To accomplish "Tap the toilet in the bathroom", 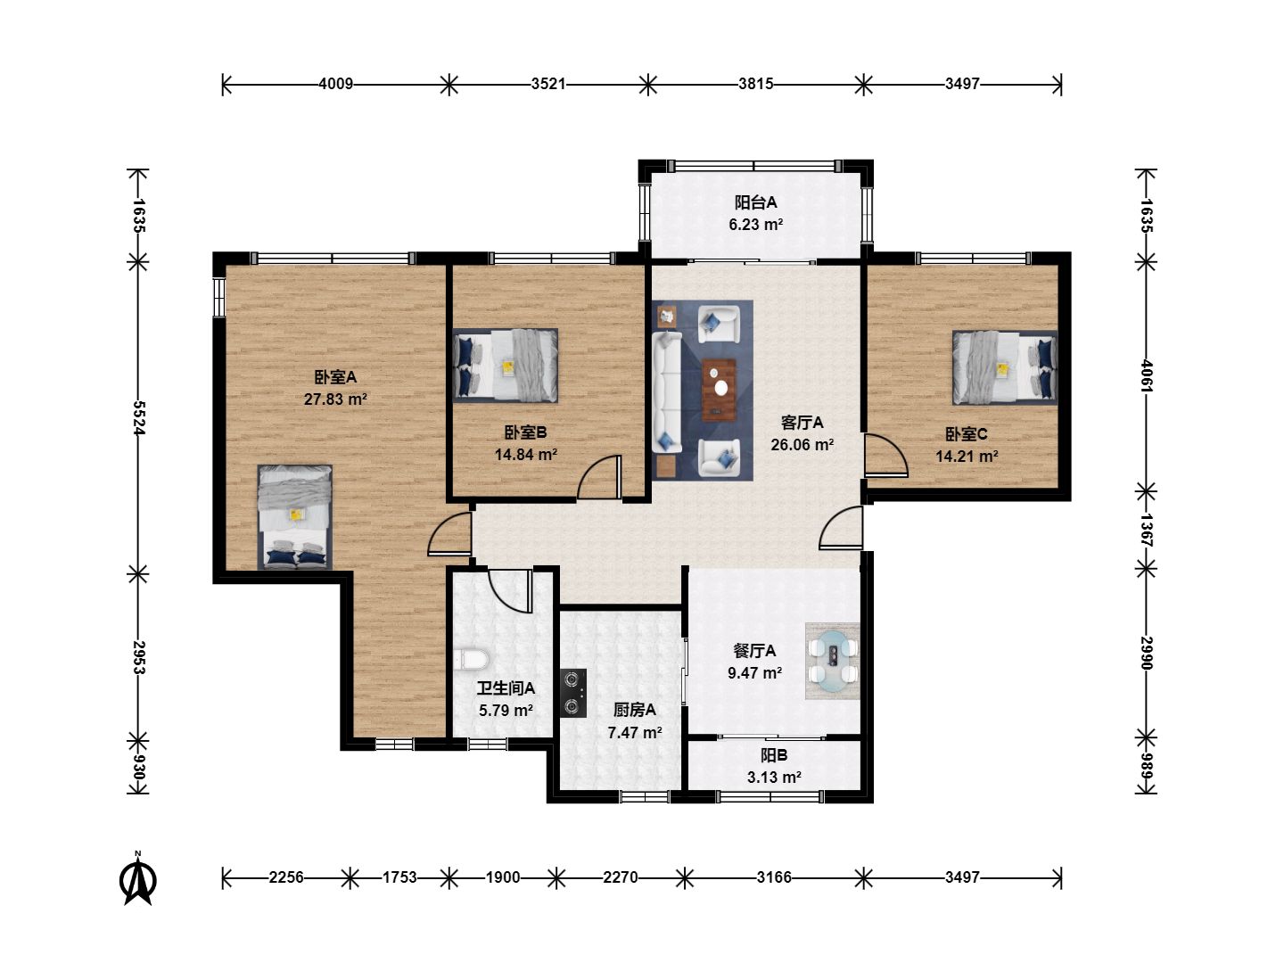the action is click(472, 659).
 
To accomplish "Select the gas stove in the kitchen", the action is click(573, 693).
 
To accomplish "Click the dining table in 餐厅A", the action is click(833, 661).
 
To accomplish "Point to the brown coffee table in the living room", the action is click(719, 390).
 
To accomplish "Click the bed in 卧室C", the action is click(1004, 367).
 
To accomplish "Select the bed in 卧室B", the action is click(506, 366).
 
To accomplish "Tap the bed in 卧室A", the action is click(295, 517).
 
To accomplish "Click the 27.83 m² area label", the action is click(335, 399).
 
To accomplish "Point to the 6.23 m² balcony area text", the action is click(756, 225).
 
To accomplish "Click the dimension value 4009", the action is click(336, 84).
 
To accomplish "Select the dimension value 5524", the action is click(138, 418).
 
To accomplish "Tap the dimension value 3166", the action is click(773, 877).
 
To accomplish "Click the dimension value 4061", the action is click(1147, 376).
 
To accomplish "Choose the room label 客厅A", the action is click(802, 423).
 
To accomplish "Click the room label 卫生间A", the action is click(506, 688).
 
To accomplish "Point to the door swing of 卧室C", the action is click(887, 455).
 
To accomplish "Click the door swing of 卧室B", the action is click(598, 477).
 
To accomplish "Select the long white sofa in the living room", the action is click(667, 391).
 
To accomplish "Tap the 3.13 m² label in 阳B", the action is click(773, 778).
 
